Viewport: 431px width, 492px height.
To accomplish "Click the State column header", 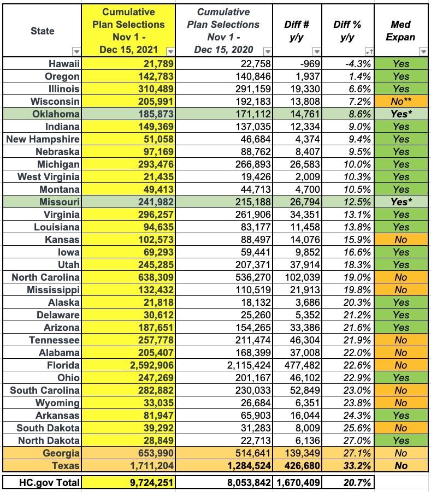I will point(42,31).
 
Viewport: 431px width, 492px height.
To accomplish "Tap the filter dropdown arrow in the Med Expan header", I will point(423,51).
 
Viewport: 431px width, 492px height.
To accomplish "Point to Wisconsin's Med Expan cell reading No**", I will point(401,102).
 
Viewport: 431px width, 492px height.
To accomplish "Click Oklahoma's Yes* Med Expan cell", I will point(401,114).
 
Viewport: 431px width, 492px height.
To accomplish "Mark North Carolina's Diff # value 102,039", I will point(297,277).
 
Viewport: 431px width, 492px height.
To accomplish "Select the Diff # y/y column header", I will point(298,31).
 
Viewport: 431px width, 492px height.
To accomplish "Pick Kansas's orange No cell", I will point(401,240).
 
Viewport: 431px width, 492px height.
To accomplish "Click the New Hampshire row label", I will point(43,139).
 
